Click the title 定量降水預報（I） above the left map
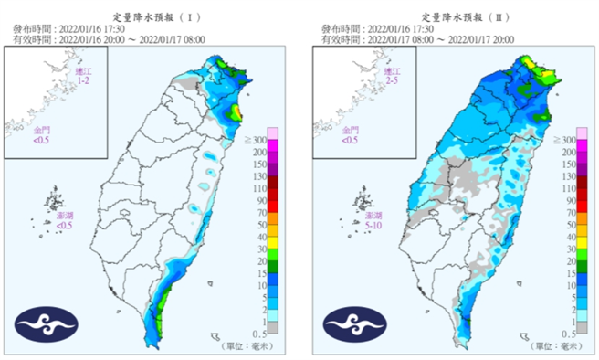click(x=152, y=16)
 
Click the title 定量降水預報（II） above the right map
click(x=461, y=16)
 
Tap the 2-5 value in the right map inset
click(x=392, y=82)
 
